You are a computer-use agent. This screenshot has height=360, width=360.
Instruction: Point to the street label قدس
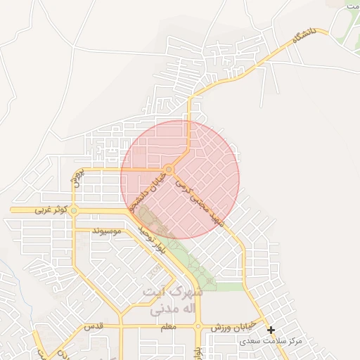tap(94, 327)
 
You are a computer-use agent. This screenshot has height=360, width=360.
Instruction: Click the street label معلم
tap(169, 327)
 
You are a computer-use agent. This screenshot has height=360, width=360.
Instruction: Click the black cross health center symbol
tap(271, 330)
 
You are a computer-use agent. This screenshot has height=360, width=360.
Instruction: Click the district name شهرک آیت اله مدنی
tap(172, 299)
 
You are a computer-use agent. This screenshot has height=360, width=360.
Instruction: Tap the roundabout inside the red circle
tap(169, 169)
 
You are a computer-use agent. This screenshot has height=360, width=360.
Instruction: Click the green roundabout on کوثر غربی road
tap(73, 210)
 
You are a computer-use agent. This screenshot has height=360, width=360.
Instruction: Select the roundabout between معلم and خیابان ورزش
tap(199, 326)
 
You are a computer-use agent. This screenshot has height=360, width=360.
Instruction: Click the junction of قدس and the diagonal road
tap(121, 326)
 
